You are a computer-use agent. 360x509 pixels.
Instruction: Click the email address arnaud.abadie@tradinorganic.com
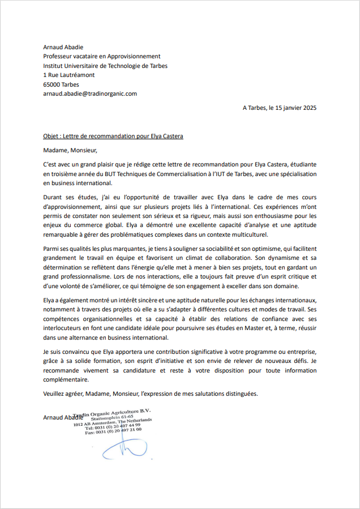pyautogui.click(x=90, y=93)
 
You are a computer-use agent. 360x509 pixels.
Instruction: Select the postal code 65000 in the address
pyautogui.click(x=52, y=84)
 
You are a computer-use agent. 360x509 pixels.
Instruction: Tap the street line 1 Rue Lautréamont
pyautogui.click(x=68, y=75)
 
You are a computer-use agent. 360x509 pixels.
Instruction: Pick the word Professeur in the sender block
pyautogui.click(x=58, y=56)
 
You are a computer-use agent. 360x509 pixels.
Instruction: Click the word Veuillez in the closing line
pyautogui.click(x=55, y=393)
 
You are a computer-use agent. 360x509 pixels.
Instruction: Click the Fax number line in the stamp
pyautogui.click(x=113, y=430)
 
